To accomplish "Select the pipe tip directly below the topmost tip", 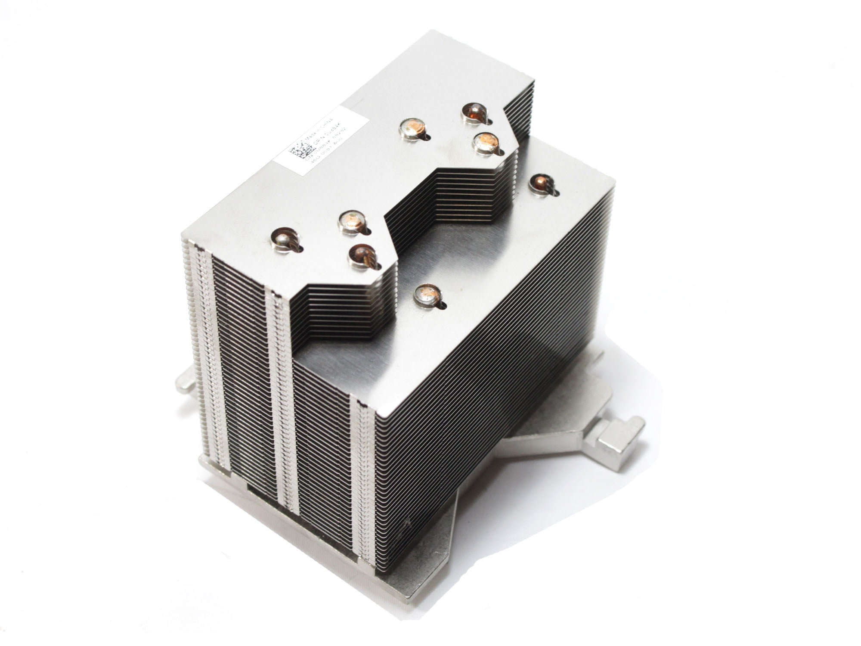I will [485, 143].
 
